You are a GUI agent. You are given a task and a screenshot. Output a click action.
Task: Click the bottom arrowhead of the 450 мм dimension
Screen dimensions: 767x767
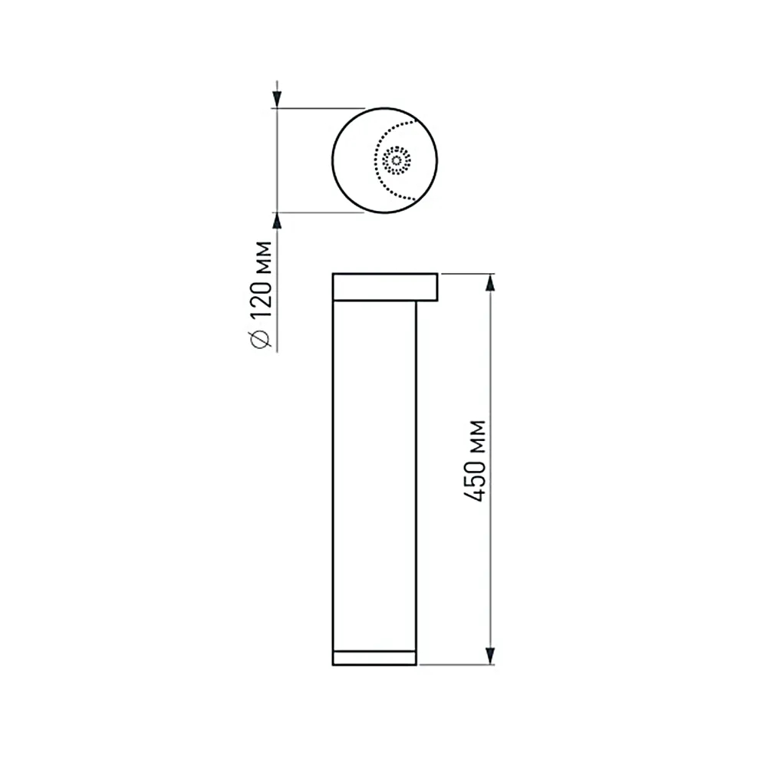(x=491, y=657)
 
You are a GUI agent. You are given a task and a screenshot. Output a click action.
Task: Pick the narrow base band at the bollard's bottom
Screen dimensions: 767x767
(x=374, y=657)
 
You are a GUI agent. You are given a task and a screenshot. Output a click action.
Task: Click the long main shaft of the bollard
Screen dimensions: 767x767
(x=374, y=476)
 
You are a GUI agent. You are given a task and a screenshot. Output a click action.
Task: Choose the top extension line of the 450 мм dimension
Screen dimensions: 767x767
(x=468, y=273)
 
